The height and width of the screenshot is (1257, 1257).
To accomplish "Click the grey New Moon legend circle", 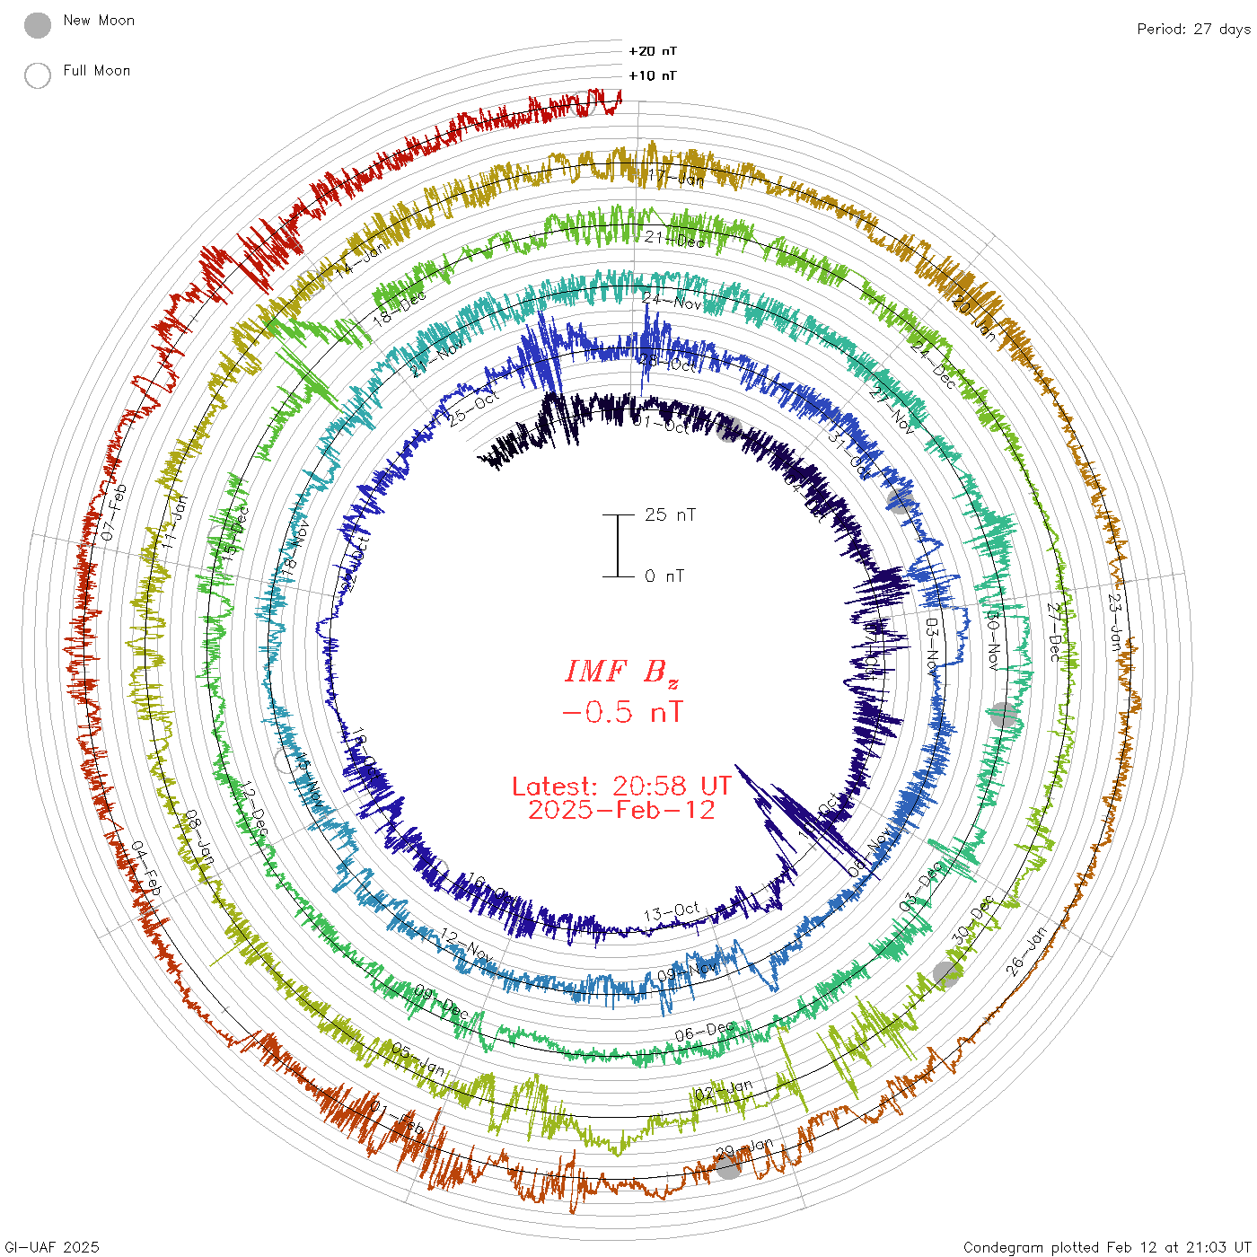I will [x=38, y=26].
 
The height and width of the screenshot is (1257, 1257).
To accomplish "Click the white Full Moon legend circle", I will [x=38, y=75].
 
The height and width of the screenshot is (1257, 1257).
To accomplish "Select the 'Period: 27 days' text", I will [x=1193, y=30].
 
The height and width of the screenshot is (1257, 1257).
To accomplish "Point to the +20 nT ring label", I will [x=653, y=51].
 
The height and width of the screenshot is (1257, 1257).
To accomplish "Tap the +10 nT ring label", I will [x=653, y=75].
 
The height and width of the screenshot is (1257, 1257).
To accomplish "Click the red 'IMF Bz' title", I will [x=621, y=672].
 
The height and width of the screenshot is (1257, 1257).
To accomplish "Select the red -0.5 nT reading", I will [x=621, y=713].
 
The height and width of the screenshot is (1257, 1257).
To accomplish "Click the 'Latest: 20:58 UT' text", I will [x=621, y=787].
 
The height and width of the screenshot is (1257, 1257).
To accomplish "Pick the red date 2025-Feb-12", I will [x=621, y=810].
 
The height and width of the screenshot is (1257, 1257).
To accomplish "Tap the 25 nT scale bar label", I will [x=670, y=515].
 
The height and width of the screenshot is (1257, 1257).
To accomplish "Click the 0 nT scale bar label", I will [x=664, y=576].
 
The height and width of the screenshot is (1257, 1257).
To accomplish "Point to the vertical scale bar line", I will [x=618, y=546].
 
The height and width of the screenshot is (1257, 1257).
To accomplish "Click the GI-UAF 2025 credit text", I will [x=50, y=1247].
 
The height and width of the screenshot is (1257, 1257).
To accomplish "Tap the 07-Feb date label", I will [x=114, y=512].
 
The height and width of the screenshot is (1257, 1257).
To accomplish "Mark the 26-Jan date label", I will [x=1027, y=951].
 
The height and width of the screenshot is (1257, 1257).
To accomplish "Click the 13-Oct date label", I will [x=672, y=913].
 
